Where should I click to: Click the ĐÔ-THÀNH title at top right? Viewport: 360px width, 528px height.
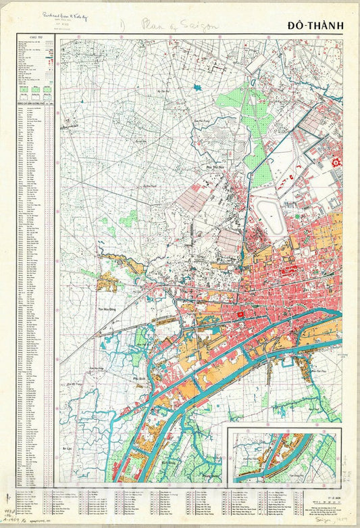(315, 26)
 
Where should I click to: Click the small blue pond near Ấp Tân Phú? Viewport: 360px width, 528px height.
(197, 87)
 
